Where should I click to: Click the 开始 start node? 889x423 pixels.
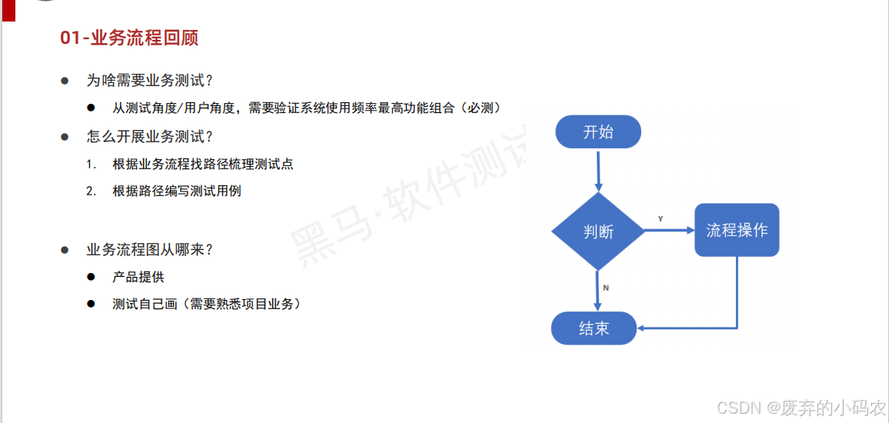(x=598, y=132)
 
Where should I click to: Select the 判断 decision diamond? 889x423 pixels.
(x=598, y=231)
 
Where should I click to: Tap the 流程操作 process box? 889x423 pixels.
(x=737, y=230)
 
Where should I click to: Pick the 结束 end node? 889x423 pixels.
(x=594, y=328)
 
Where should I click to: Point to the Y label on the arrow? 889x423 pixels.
(x=661, y=219)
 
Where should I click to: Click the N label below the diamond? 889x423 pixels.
(x=606, y=288)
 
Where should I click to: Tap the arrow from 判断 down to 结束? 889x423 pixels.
(x=598, y=290)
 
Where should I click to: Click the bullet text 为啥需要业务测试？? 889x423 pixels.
(x=149, y=81)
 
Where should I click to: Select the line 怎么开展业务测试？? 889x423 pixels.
(x=149, y=137)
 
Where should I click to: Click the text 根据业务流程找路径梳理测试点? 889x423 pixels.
(x=202, y=164)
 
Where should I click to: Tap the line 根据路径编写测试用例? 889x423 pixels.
(x=177, y=191)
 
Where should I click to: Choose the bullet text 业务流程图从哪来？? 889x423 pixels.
(x=149, y=250)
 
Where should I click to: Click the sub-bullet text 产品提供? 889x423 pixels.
(x=138, y=277)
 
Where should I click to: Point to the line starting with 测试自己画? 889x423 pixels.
(x=206, y=304)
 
